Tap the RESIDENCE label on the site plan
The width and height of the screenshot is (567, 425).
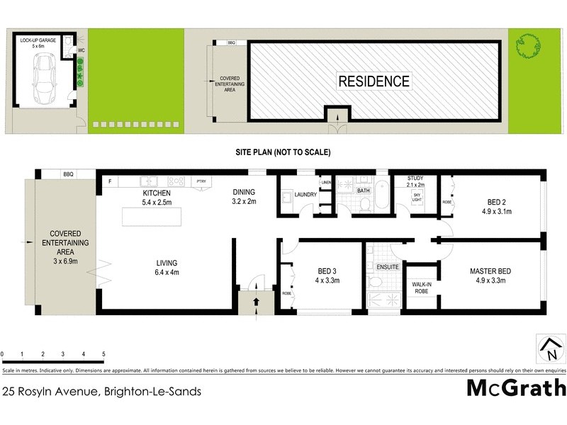374,81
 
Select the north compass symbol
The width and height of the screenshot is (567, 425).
551,348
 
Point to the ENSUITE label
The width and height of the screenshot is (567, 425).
388,267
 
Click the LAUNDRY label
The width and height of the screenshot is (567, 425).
305,194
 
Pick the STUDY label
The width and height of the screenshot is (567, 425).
415,178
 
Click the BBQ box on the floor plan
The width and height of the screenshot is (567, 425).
68,174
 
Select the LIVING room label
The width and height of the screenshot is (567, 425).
167,263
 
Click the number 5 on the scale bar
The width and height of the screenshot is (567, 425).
103,353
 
